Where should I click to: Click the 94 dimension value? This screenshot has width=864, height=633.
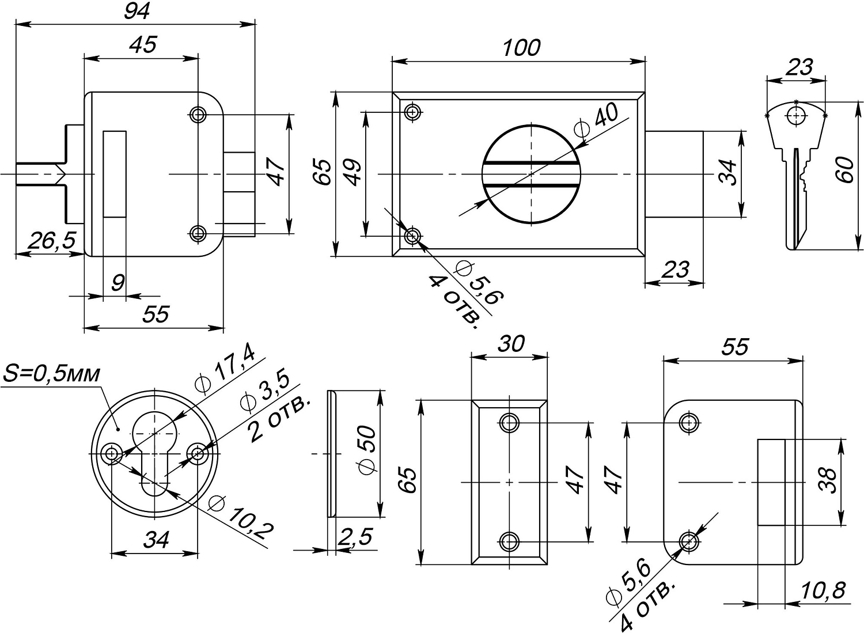[137, 11]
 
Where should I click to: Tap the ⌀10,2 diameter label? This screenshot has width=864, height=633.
[241, 516]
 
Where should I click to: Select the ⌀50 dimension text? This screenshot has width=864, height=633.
[367, 450]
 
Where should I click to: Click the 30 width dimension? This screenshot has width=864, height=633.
[510, 344]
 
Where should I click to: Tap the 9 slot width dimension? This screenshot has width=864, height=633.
[117, 283]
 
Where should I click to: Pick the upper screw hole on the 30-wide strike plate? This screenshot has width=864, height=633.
[509, 423]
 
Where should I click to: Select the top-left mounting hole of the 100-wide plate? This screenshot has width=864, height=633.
[412, 111]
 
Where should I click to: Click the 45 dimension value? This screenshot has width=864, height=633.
[142, 46]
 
